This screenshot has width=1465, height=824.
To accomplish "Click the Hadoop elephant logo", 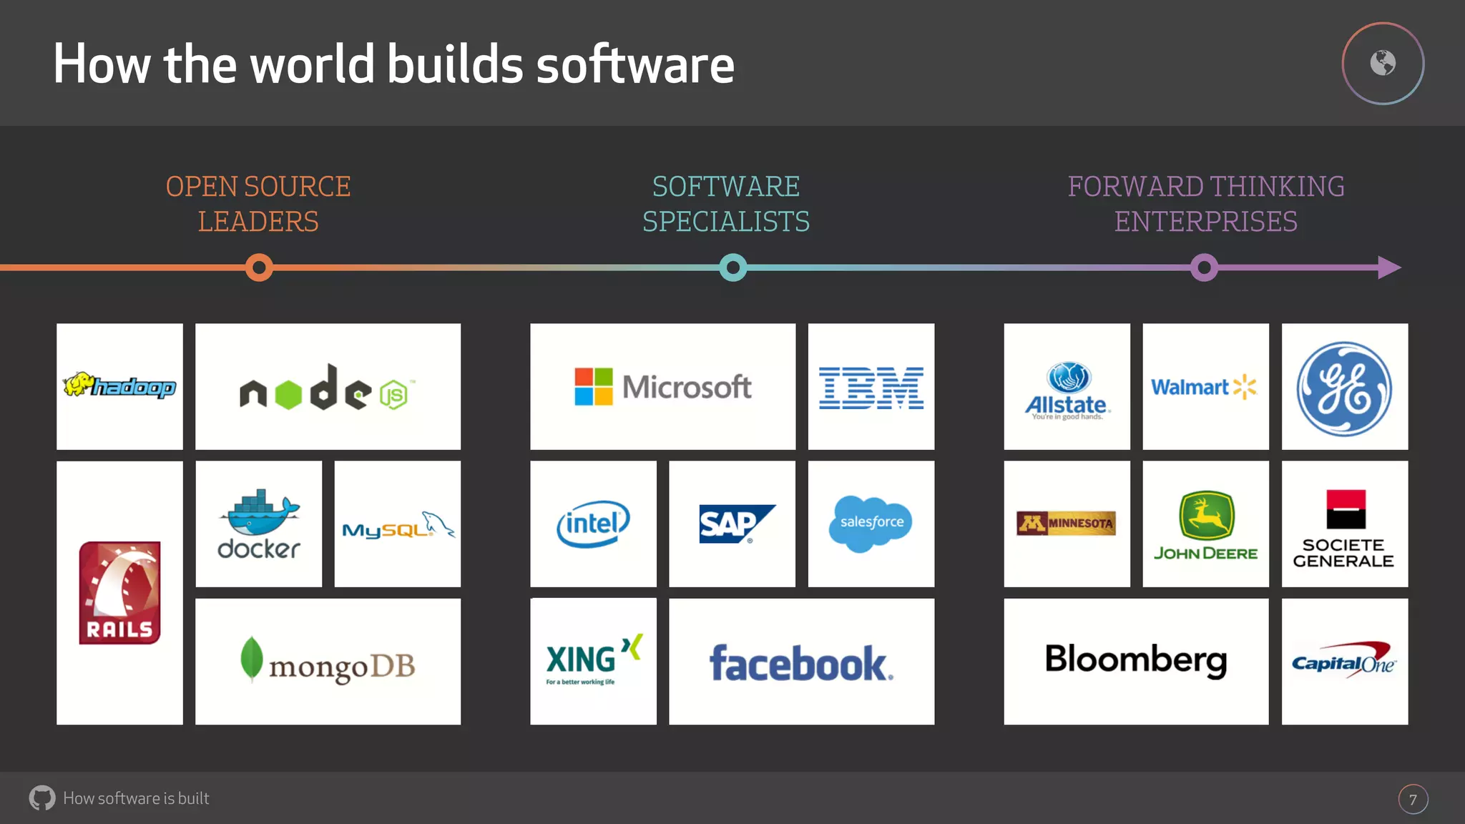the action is pos(119,386).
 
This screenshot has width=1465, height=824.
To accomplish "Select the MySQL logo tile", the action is pos(398,524).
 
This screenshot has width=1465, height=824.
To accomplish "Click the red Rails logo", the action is pos(119,593).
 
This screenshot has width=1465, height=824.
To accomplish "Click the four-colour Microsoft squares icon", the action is pos(594,387).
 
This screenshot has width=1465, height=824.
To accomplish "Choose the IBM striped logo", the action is pos(871,388).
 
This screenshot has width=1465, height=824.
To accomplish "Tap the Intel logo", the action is pos(593,524).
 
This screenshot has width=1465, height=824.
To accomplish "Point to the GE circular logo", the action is pos(1344,388).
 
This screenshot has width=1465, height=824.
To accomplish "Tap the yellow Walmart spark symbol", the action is pos(1245,387).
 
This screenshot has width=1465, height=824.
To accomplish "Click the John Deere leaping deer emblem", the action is pos(1206,515).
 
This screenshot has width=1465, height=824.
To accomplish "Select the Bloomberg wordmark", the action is pos(1136,660).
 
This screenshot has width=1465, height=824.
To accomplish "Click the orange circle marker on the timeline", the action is pos(259,268).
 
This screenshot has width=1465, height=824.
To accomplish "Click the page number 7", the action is pos(1413,800).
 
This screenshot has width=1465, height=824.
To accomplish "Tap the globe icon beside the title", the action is pos(1383,63).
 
